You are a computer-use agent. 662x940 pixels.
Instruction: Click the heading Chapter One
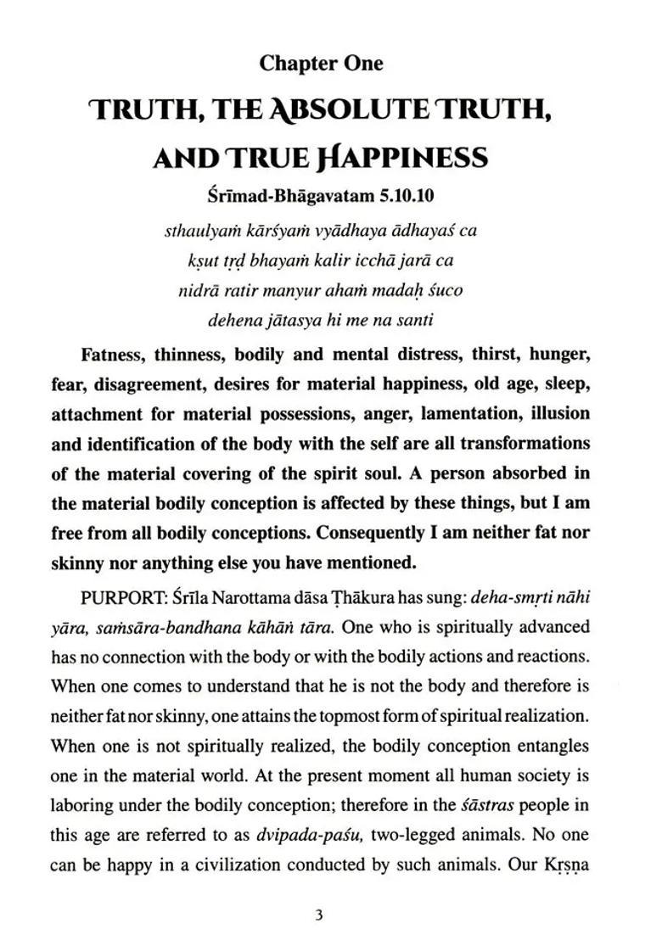(321, 63)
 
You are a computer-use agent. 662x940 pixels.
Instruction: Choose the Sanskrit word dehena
(231, 320)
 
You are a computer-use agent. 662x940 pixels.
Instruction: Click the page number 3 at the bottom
(318, 915)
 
